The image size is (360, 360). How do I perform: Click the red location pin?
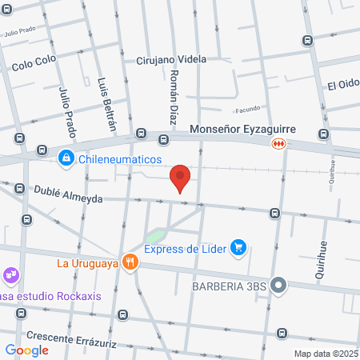pos(181,177)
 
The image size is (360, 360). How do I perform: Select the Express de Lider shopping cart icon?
pos(238,247)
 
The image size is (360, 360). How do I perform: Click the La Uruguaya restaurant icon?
pos(129,262)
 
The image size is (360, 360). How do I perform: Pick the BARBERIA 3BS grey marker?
pos(278,285)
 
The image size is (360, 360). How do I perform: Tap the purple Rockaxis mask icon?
pos(10,277)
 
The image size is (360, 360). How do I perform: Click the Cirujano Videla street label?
pos(171,59)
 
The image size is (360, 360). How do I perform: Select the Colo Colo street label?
pos(34,65)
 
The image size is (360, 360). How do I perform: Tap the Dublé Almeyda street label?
pos(67,194)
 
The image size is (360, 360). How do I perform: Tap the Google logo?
pos(26,350)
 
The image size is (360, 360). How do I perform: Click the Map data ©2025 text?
pos(326,353)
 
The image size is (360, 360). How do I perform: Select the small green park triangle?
pos(154,237)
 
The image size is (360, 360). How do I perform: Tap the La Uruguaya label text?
pos(87,262)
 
